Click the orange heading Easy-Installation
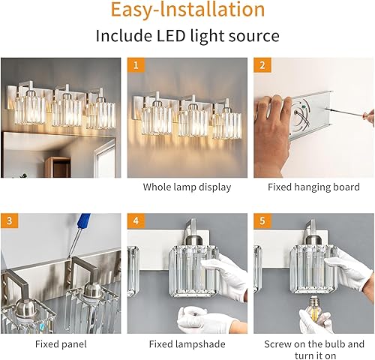point(187,11)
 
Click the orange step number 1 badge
point(136,66)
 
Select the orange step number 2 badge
point(262,66)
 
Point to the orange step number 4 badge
point(136,222)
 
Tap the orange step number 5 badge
point(262,222)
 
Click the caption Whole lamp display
point(187,187)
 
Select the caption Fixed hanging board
point(313,187)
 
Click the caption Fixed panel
point(61,344)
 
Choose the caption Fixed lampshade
point(187,344)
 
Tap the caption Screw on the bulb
point(313,344)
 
